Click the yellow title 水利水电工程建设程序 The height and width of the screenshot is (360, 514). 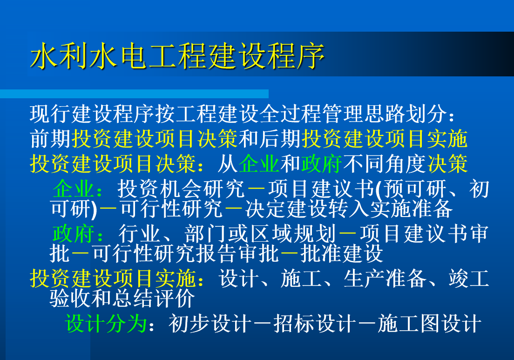coord(177,56)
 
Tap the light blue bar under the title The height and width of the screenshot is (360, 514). coord(135,94)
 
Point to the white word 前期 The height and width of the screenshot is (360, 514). coord(50,139)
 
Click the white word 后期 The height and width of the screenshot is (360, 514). coord(281,139)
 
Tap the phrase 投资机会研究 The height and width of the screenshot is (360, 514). coord(181,189)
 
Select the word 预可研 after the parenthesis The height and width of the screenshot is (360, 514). coord(415,189)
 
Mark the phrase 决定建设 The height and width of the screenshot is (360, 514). coord(286,209)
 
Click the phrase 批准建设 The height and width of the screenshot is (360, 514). coord(342,253)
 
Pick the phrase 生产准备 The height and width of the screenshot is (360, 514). coord(385,278)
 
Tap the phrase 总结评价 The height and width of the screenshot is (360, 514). coord(154,298)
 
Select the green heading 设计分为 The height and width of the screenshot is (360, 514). coord(106,324)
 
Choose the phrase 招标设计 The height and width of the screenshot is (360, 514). coord(315,324)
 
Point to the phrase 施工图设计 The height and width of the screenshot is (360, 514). coord(429,324)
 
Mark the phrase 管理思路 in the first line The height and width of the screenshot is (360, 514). coord(364,114)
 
